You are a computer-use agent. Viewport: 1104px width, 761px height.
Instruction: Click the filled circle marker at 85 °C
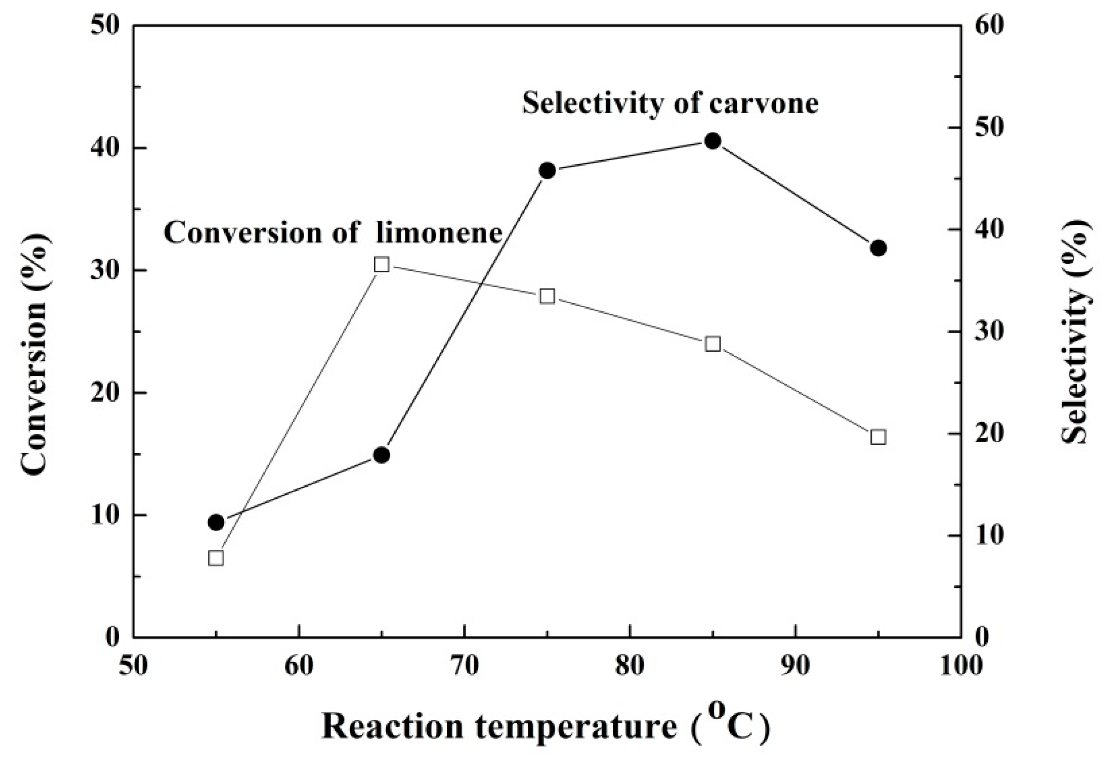pos(713,141)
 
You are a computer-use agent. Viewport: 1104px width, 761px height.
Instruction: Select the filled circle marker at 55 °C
pos(216,523)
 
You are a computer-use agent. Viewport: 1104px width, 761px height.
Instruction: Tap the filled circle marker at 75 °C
pos(547,171)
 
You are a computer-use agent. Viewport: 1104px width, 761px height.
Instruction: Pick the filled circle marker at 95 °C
pos(878,248)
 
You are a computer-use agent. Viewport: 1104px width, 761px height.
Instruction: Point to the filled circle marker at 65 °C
pos(382,455)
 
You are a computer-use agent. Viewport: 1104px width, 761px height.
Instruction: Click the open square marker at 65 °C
pos(382,265)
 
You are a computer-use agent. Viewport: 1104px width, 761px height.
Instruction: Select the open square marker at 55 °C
pos(216,558)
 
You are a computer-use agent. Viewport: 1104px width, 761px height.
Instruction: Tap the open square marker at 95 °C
pos(878,437)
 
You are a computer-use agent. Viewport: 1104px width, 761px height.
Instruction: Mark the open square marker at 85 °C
pos(713,344)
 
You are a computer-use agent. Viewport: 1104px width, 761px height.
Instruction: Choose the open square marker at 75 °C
pos(547,297)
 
